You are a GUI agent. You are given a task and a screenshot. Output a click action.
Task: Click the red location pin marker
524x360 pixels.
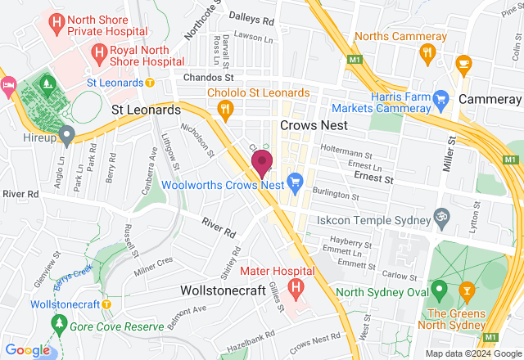pos(262,162)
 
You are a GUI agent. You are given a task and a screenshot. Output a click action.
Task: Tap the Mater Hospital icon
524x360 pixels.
pos(296,288)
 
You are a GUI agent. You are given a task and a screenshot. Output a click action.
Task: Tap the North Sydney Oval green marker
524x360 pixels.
pos(439,289)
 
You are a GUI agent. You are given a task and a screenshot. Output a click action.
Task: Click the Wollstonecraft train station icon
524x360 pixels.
pos(106,304)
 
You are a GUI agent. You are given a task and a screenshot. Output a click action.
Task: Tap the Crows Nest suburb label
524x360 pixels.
pos(314,125)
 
